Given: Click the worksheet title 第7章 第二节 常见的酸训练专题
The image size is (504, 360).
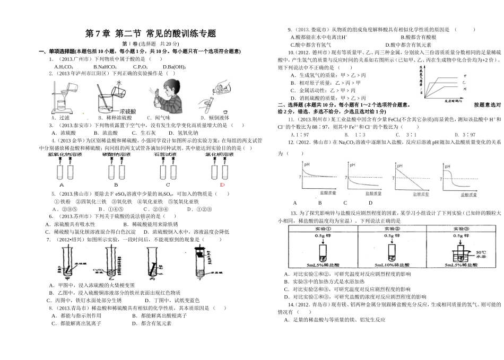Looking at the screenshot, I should coord(151,33).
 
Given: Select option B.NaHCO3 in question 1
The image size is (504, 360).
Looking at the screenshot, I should coord(105,67).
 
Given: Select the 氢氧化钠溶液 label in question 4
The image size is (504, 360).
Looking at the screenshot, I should coord(65,154).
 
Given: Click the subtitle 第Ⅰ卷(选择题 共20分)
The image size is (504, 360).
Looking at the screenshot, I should coord(151,44).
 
